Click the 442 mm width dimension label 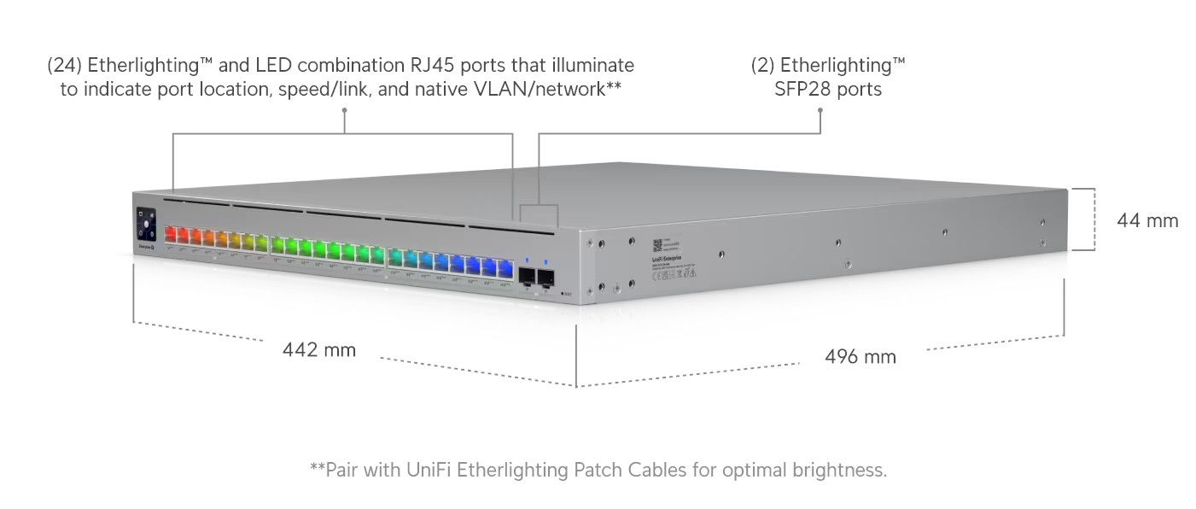tap(319, 350)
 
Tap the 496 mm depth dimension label tap(861, 357)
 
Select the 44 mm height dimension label tap(1147, 221)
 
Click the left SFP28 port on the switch tap(527, 276)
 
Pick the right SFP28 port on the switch tap(545, 277)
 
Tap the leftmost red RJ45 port tap(170, 234)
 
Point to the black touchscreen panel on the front tap(144, 225)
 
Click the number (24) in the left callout tap(65, 65)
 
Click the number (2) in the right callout tap(763, 65)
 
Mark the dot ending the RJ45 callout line tap(344, 109)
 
